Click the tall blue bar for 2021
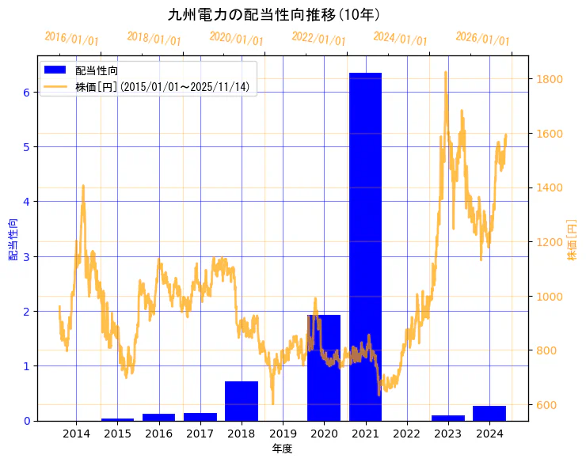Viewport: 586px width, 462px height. tap(365, 246)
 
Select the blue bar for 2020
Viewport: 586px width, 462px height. tap(324, 368)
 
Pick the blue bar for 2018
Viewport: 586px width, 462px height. tap(242, 401)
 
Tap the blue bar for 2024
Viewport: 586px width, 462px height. tap(489, 413)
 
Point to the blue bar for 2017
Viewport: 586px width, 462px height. tap(200, 416)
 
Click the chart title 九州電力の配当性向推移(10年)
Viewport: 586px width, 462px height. tap(274, 14)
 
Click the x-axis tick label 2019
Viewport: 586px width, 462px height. tap(283, 434)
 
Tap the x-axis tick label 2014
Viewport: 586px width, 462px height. tap(76, 434)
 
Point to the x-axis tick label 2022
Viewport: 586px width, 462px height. tap(406, 434)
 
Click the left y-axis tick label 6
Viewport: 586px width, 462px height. tap(26, 92)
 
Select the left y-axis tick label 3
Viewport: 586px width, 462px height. tap(26, 256)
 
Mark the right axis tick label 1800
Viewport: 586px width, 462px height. tap(550, 79)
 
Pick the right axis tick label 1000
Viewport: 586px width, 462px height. tap(550, 297)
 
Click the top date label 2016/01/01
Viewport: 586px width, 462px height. tap(72, 39)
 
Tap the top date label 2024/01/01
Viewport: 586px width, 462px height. tap(401, 39)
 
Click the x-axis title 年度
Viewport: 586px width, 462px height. tap(283, 449)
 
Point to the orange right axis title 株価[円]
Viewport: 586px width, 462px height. tap(572, 240)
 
